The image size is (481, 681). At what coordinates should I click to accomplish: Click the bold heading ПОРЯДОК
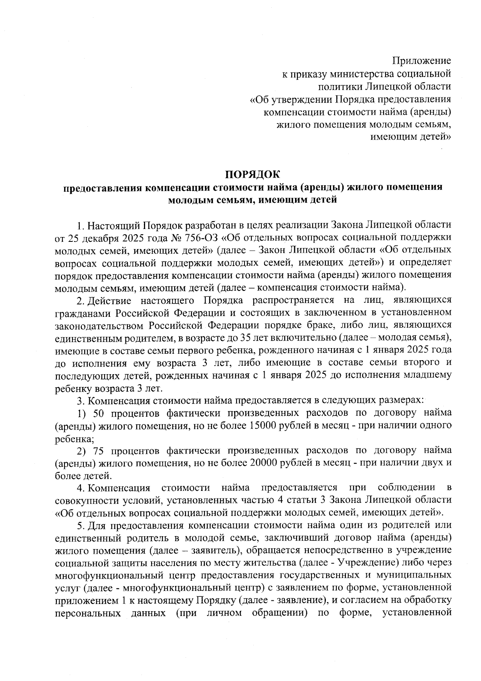click(253, 175)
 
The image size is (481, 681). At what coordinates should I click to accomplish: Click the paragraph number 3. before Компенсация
click(80, 400)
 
